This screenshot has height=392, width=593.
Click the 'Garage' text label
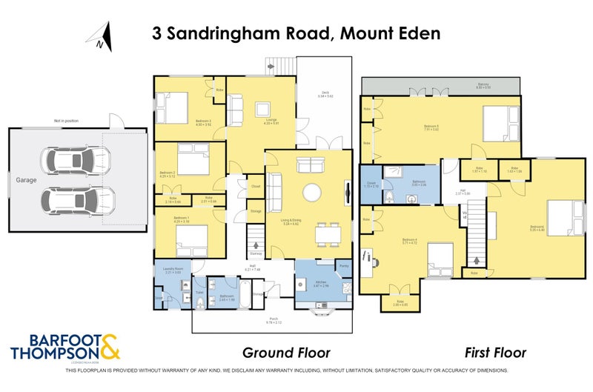coord(28,179)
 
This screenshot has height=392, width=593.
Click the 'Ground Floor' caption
coord(286,353)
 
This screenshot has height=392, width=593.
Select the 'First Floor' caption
coord(494,353)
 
